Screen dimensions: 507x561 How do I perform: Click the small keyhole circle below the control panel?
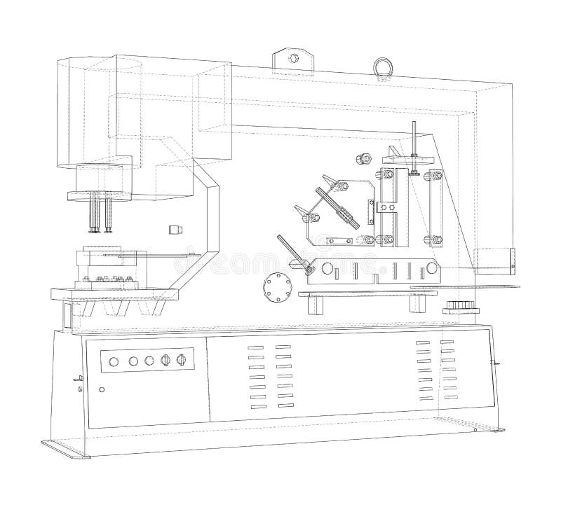pyautogui.click(x=102, y=389)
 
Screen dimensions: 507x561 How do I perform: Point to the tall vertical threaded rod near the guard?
pyautogui.click(x=416, y=140)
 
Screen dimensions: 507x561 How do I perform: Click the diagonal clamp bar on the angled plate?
pyautogui.click(x=337, y=207)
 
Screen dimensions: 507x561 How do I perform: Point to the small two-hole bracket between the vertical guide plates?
pyautogui.click(x=384, y=208)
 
